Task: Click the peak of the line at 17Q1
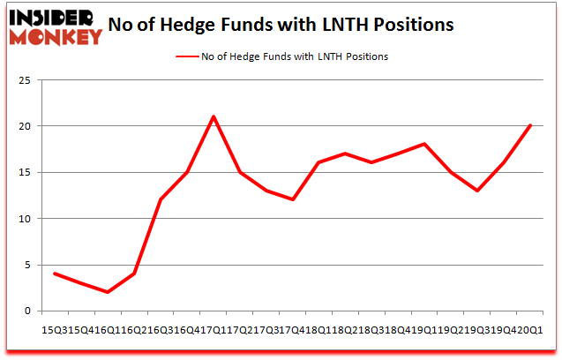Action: coord(214,116)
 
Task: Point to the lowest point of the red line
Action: coord(108,292)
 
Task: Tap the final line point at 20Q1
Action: coord(530,125)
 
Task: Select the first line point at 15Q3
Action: coord(55,274)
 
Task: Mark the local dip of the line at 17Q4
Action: coord(293,199)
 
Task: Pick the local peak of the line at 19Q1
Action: coord(424,144)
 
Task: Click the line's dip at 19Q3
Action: coord(477,191)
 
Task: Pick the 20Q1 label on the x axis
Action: coord(530,329)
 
